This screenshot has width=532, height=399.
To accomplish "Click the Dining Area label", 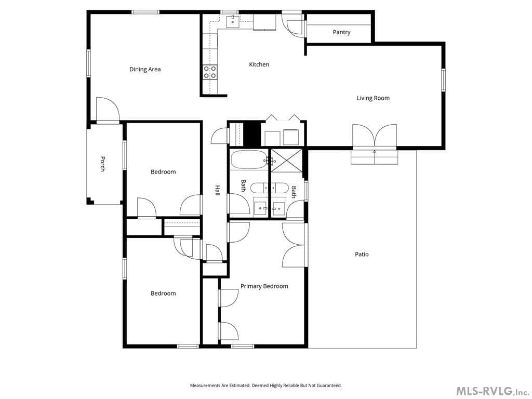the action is (x=145, y=69).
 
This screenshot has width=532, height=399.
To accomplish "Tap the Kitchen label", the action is (x=259, y=64).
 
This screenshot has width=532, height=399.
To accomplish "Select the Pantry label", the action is (x=341, y=32).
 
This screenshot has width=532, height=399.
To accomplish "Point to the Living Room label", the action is (x=373, y=98).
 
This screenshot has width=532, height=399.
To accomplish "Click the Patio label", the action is (x=362, y=254).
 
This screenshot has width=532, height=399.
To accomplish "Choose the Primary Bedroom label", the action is (x=264, y=286).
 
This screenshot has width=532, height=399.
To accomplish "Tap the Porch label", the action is (x=102, y=164).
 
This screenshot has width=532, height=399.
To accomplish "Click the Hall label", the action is (x=218, y=190).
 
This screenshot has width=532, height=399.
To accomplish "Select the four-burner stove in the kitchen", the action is (x=210, y=72).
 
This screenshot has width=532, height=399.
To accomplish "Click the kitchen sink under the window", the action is (x=233, y=21).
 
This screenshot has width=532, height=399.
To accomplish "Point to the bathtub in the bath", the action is (x=249, y=159).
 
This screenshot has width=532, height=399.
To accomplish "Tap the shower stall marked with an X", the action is (x=286, y=161).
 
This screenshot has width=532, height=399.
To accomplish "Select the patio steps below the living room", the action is (x=374, y=157).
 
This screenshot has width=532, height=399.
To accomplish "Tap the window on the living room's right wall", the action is (x=443, y=80).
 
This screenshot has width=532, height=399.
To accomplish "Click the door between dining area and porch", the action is (x=108, y=110).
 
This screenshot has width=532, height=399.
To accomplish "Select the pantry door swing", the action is (x=294, y=26).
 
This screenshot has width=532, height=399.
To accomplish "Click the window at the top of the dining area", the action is (x=145, y=12).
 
